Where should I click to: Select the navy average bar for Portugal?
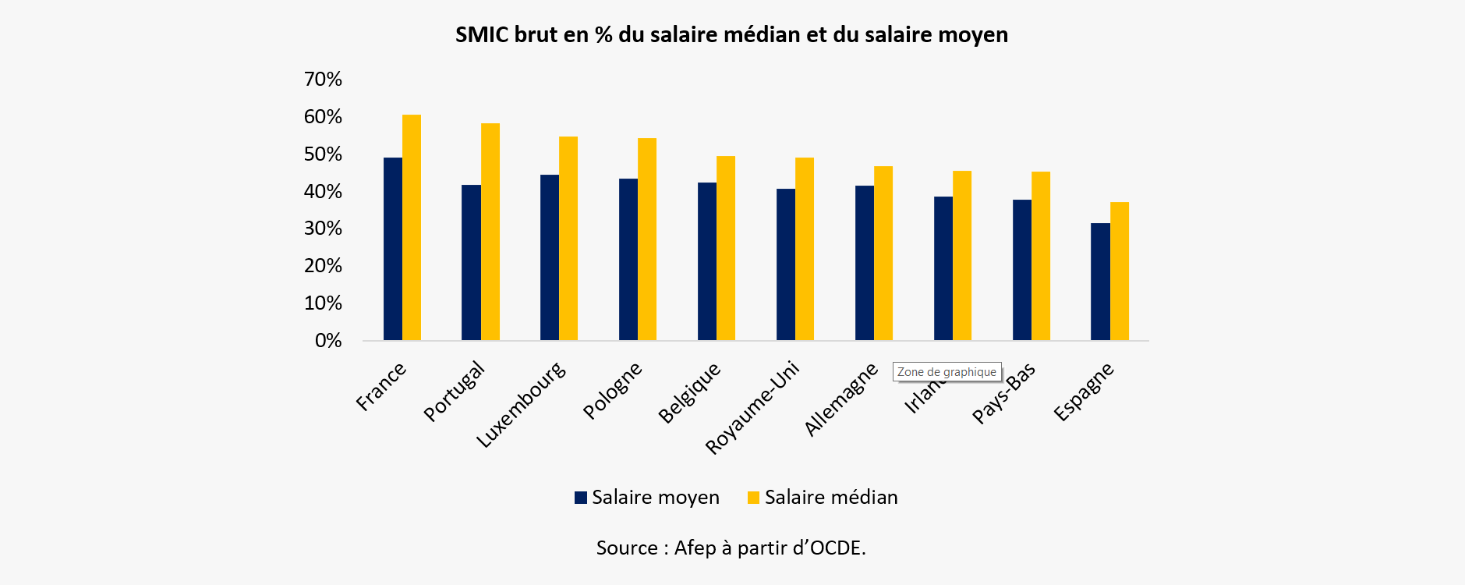point(471,262)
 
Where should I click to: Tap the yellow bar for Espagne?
point(1120,271)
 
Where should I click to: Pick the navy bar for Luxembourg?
point(550,257)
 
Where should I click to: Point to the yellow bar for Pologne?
point(647,239)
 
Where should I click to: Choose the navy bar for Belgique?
point(707,261)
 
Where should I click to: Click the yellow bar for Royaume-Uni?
point(805,249)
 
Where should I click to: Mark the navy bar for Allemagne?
point(865,263)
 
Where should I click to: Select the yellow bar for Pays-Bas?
point(1041,256)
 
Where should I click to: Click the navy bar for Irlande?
point(943,268)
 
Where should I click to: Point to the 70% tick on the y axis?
point(323,80)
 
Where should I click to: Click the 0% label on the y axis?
point(328,341)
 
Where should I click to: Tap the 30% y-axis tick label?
point(323,229)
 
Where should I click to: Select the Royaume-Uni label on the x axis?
point(752,407)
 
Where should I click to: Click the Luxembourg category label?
point(521,405)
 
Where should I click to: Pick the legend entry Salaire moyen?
point(646,498)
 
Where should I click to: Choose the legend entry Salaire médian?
point(822,498)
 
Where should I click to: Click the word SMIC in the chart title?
point(481,35)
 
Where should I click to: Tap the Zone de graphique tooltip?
point(947,372)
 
